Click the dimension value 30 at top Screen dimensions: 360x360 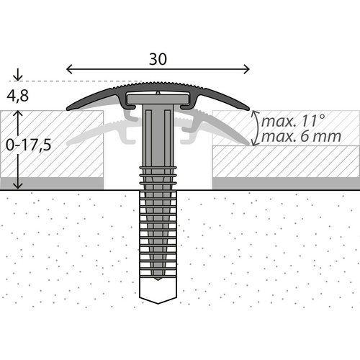pos(159,59)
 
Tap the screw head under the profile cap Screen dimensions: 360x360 pos(157,96)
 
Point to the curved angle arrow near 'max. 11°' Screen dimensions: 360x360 pos(253,126)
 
